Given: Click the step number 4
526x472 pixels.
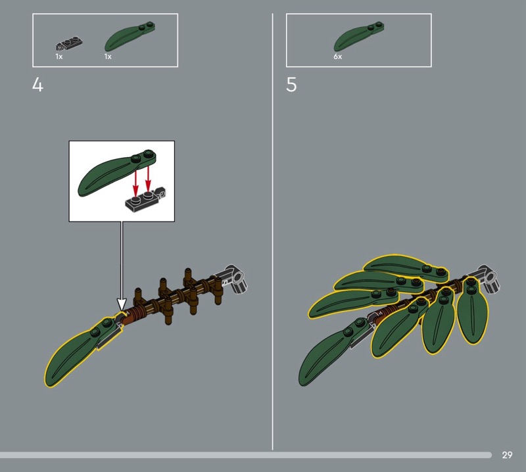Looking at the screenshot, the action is coord(37,85).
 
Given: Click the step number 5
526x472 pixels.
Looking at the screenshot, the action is coord(291,85).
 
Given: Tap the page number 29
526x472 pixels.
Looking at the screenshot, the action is coord(507,455).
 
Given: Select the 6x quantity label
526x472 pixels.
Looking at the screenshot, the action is coord(337,57).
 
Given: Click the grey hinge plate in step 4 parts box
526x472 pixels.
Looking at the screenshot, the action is coord(69,44).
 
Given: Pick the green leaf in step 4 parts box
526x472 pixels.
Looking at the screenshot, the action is coord(130,36).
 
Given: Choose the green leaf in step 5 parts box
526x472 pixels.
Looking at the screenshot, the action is coord(358,36).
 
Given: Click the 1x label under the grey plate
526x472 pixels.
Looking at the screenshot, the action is coord(59,57).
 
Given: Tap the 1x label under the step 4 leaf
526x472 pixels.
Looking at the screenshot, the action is coord(108,57).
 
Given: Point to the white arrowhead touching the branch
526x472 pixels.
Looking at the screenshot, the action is coord(122,304).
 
